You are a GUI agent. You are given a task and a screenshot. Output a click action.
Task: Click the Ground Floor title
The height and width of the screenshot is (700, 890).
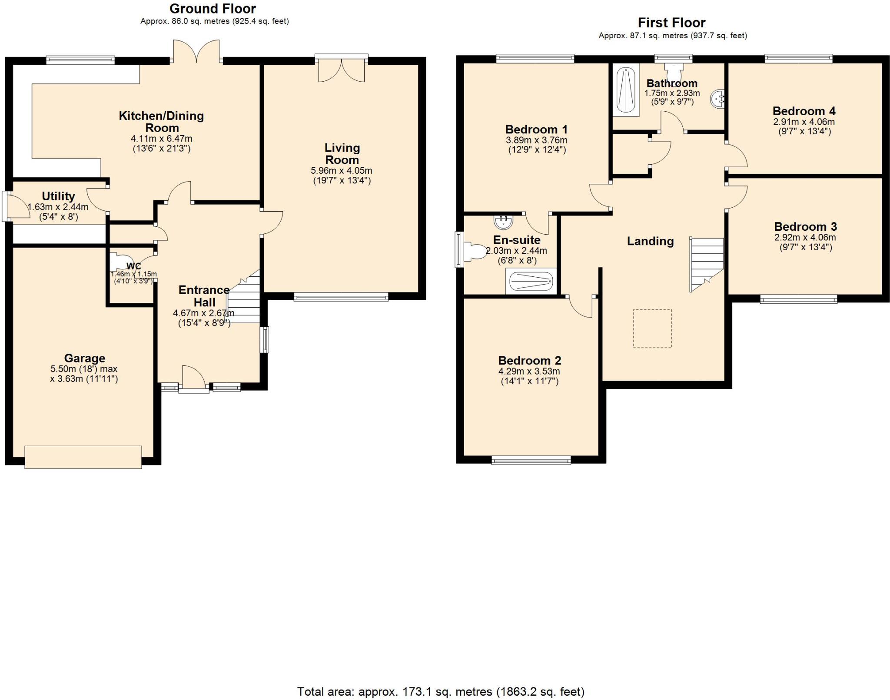point(213,9)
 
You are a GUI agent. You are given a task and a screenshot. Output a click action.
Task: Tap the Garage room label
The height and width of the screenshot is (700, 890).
point(84,358)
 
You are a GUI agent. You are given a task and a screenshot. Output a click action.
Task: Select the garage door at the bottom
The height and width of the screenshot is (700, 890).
point(83,457)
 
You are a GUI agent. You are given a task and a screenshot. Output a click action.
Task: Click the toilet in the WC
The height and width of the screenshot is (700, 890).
point(117,262)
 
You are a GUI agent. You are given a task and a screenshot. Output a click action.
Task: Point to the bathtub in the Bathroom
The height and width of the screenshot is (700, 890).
point(626,90)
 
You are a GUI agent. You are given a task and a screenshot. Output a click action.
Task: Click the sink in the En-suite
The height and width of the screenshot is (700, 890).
point(503,222)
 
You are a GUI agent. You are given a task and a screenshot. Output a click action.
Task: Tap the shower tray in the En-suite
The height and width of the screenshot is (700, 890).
point(531,281)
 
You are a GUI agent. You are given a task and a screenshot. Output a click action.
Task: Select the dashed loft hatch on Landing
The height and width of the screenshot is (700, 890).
point(652,328)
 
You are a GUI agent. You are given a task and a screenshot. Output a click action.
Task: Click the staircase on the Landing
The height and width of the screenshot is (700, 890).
point(706,264)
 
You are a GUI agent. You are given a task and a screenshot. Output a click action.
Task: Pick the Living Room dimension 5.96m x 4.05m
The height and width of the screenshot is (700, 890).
point(342,171)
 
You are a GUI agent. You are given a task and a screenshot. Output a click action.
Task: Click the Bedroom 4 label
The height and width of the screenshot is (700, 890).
point(804,111)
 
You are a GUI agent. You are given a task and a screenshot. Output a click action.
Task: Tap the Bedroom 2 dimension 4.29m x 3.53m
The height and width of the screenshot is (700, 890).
point(529,372)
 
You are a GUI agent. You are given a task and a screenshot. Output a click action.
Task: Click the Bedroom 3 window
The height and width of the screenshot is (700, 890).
point(798,299)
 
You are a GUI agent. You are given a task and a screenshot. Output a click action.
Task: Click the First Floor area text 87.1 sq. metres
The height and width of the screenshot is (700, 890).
point(673,36)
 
